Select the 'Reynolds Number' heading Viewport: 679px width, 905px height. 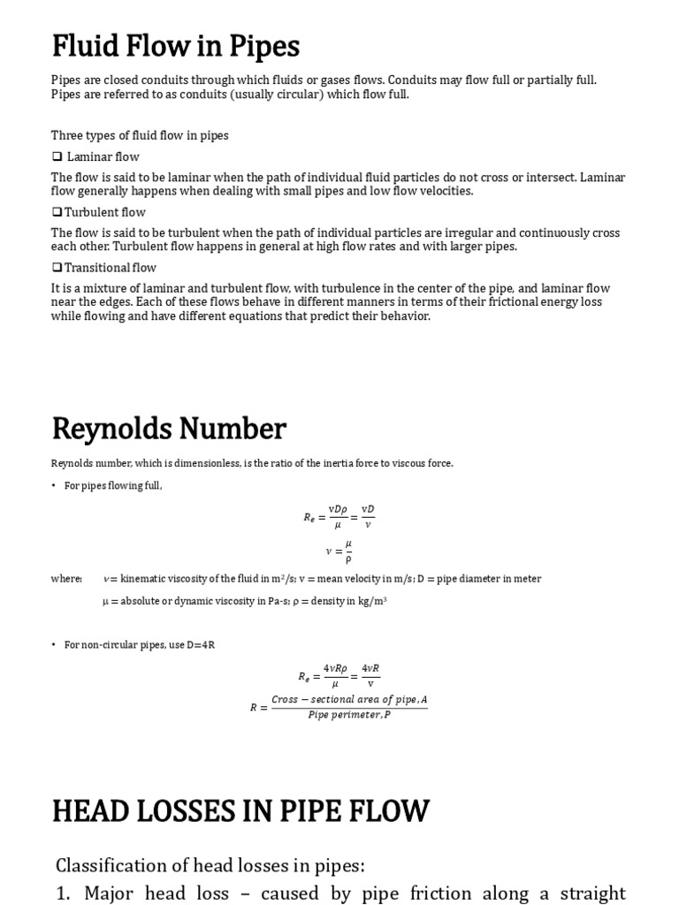pos(169,429)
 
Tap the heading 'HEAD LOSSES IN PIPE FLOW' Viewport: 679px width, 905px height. pos(240,810)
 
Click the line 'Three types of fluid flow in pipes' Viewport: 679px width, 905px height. pos(140,135)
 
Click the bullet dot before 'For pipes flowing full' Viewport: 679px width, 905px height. pos(54,486)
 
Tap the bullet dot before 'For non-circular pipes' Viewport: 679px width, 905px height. pos(54,645)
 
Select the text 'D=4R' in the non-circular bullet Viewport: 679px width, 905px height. pos(201,645)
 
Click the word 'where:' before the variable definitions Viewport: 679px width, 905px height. pos(66,579)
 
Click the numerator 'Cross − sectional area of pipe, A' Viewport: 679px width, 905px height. pos(349,700)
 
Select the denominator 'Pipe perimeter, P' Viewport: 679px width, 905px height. pos(349,715)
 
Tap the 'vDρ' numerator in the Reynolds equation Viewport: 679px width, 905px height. pos(337,509)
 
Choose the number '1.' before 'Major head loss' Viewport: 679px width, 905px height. pos(63,893)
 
